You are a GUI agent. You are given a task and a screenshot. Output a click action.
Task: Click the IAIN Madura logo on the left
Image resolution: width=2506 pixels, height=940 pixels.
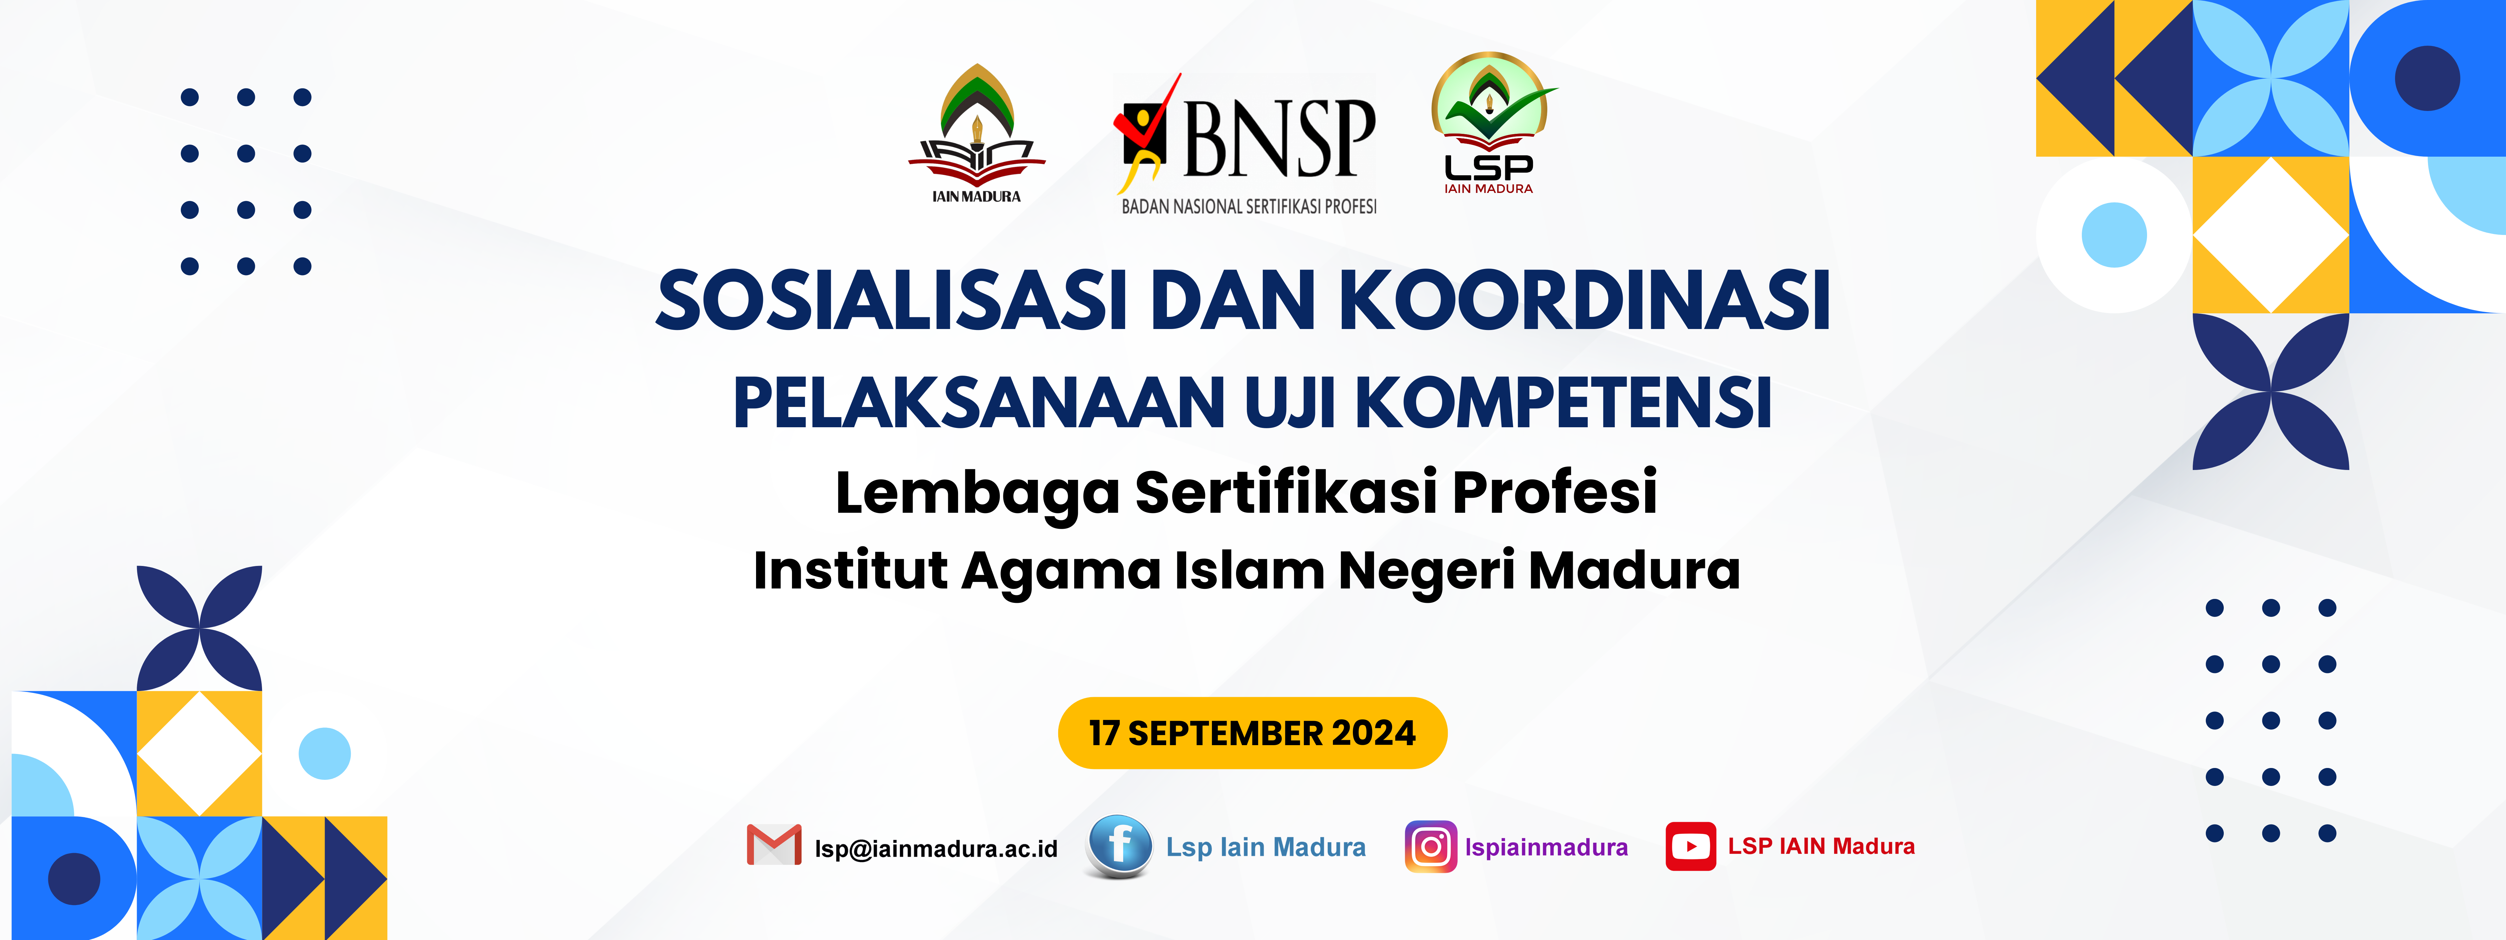[977, 134]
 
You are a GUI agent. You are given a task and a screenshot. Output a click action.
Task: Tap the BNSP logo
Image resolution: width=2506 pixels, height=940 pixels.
[1247, 144]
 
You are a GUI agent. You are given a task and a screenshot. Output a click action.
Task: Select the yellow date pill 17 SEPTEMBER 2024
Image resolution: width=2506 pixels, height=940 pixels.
[1252, 733]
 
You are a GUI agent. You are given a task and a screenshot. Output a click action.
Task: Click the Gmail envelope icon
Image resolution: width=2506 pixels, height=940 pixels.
[773, 845]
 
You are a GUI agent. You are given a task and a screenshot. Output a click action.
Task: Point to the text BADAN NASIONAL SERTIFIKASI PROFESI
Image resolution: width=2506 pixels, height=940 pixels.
[1249, 206]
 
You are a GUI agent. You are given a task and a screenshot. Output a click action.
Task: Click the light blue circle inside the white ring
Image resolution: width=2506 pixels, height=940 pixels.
[2114, 235]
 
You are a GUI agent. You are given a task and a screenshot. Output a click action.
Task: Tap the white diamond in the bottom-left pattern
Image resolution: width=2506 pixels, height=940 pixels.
[199, 753]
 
